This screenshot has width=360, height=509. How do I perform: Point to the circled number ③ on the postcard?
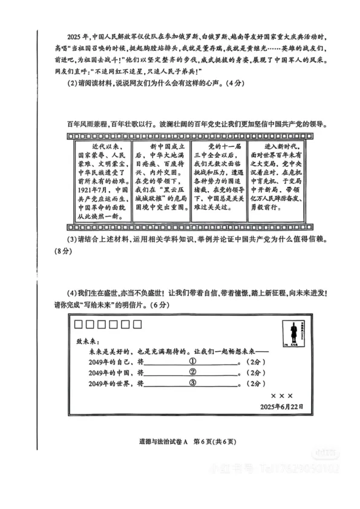[193, 383]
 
